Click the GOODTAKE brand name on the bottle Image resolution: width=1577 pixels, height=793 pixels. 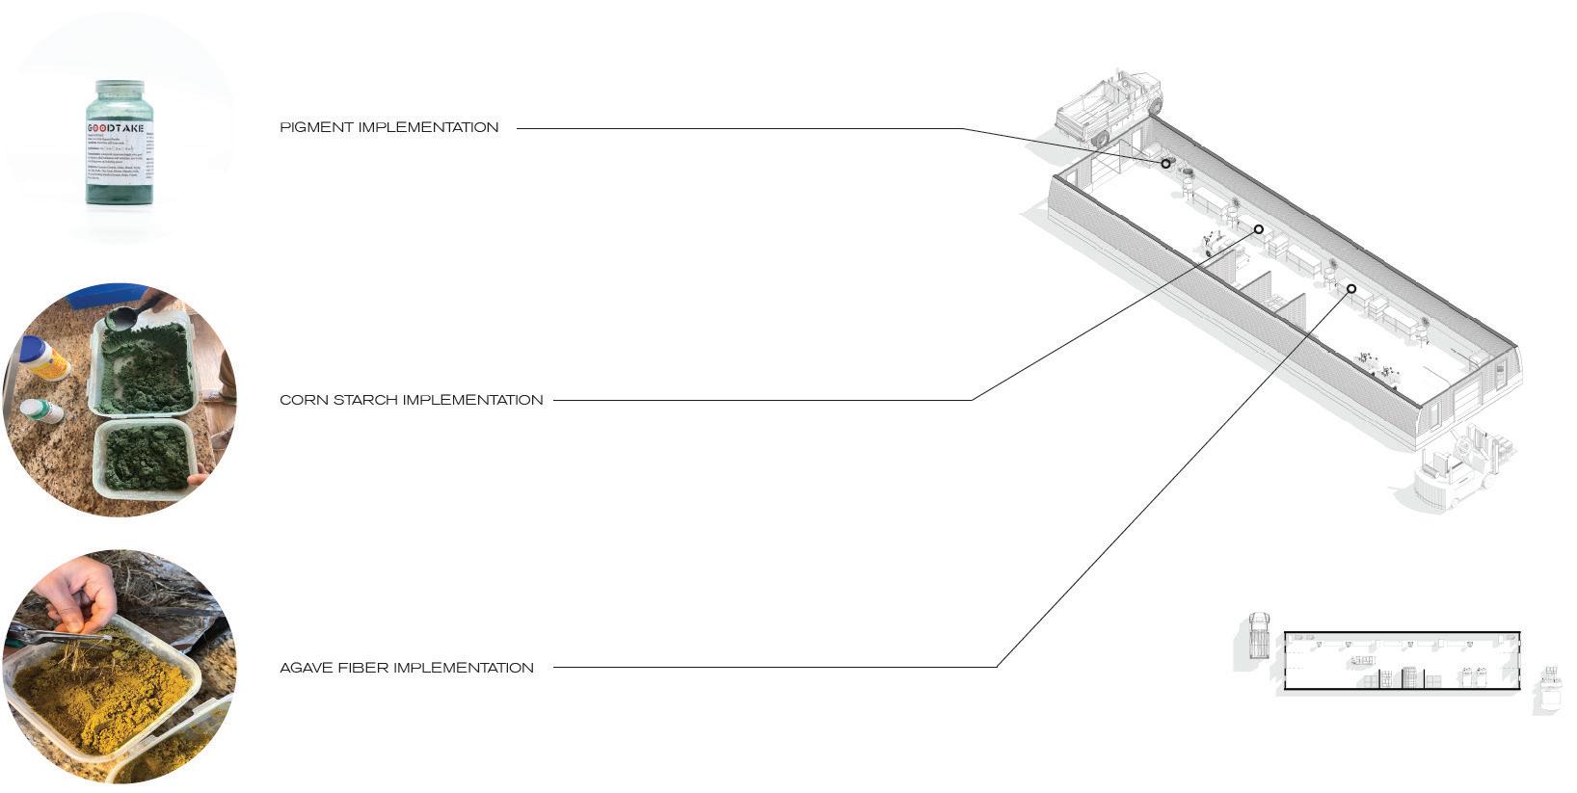[x=116, y=128]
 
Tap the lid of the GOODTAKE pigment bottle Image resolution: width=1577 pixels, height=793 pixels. [x=120, y=89]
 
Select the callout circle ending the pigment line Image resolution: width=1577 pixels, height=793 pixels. [x=1165, y=164]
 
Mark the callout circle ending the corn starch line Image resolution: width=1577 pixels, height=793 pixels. [x=1258, y=229]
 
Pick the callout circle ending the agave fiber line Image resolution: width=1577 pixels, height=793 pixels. [x=1351, y=289]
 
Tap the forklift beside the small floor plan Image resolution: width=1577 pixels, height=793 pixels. [x=1550, y=689]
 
